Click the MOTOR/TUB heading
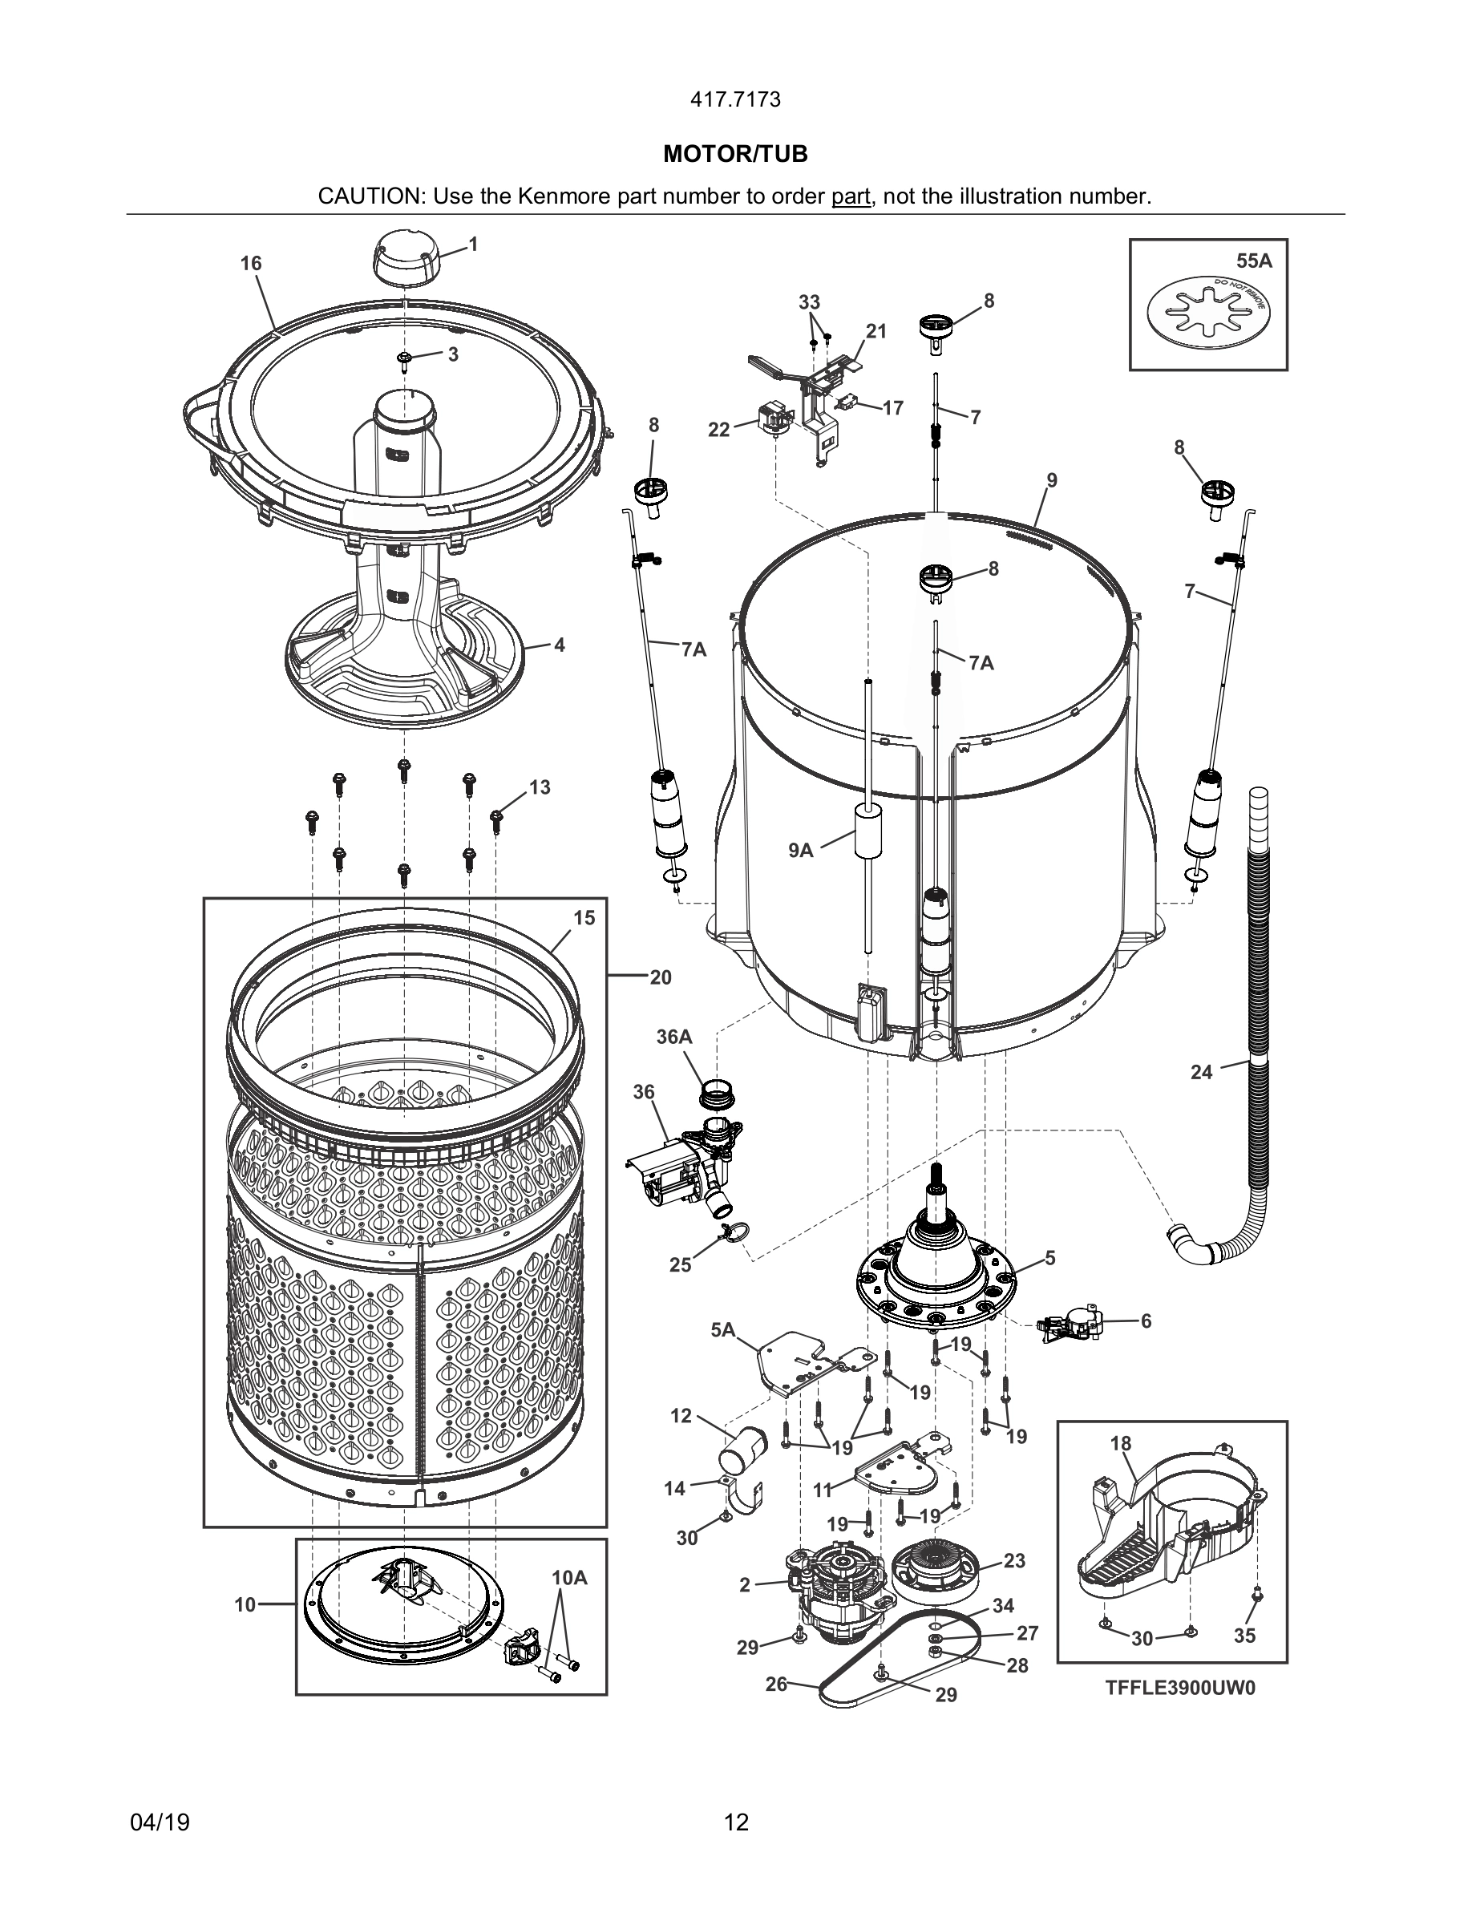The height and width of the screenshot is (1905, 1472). (x=735, y=155)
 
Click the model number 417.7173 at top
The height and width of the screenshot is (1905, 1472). (x=735, y=99)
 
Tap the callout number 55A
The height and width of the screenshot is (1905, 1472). (x=1253, y=260)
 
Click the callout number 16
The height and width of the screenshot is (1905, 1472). (x=251, y=264)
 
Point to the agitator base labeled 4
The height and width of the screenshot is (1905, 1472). (x=406, y=663)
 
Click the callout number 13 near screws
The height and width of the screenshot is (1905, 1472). (x=540, y=787)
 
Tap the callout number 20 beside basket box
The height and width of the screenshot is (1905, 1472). (x=660, y=977)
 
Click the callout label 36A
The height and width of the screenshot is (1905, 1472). (x=674, y=1037)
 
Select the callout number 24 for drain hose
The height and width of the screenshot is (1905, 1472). (x=1202, y=1072)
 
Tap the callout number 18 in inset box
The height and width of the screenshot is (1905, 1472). (x=1121, y=1443)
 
